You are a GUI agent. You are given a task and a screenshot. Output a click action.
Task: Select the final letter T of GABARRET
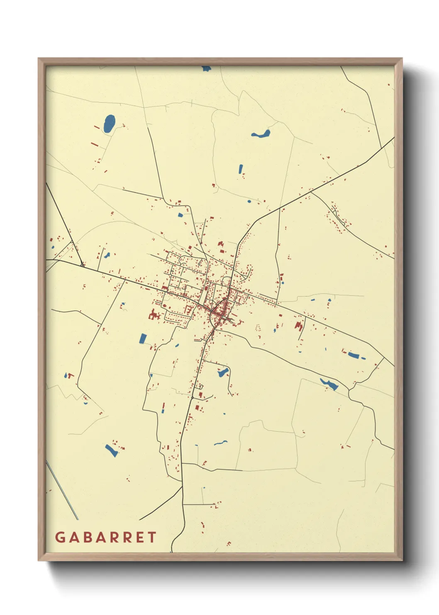pyautogui.click(x=152, y=537)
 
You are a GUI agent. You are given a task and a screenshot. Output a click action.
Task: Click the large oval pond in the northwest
pyautogui.click(x=109, y=123)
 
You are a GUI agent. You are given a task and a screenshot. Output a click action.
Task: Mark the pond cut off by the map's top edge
pyautogui.click(x=206, y=68)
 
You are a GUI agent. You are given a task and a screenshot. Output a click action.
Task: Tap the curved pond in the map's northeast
pyautogui.click(x=261, y=134)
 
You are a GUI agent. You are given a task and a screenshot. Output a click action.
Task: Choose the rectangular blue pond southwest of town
pyautogui.click(x=143, y=338)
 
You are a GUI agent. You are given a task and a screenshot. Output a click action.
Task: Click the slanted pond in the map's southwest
pyautogui.click(x=111, y=450)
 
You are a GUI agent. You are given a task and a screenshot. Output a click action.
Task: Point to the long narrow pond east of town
pyautogui.click(x=354, y=355)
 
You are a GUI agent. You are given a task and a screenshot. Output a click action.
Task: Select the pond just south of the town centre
pyautogui.click(x=223, y=372)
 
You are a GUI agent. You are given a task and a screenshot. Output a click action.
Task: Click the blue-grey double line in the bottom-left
pyautogui.click(x=62, y=491)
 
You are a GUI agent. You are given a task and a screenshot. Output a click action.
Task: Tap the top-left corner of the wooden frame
pyautogui.click(x=39, y=59)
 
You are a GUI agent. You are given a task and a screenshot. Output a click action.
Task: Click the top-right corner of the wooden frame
pyautogui.click(x=402, y=59)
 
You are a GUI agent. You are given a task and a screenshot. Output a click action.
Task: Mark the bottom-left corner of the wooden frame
pyautogui.click(x=39, y=560)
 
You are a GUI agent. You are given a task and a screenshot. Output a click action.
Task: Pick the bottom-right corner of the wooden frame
pyautogui.click(x=402, y=560)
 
